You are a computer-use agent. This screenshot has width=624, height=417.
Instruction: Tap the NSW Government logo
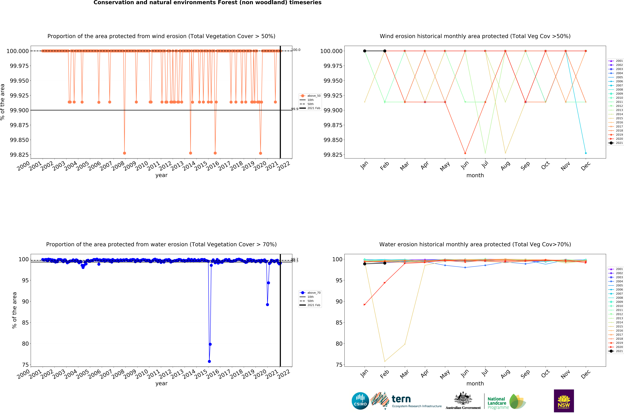pyautogui.click(x=564, y=401)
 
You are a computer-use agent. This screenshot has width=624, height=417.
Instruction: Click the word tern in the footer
pyautogui.click(x=401, y=399)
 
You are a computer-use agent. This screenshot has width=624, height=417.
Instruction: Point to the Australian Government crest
pyautogui.click(x=463, y=398)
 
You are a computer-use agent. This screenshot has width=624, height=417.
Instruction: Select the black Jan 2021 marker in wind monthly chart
pyautogui.click(x=365, y=51)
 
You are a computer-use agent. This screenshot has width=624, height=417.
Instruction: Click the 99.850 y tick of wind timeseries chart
pyautogui.click(x=19, y=140)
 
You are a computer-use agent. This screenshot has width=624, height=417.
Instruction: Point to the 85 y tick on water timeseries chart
pyautogui.click(x=25, y=323)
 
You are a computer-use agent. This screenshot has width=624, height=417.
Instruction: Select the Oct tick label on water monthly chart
pyautogui.click(x=545, y=374)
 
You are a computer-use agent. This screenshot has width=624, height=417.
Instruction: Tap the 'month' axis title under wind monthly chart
pyautogui.click(x=475, y=175)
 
